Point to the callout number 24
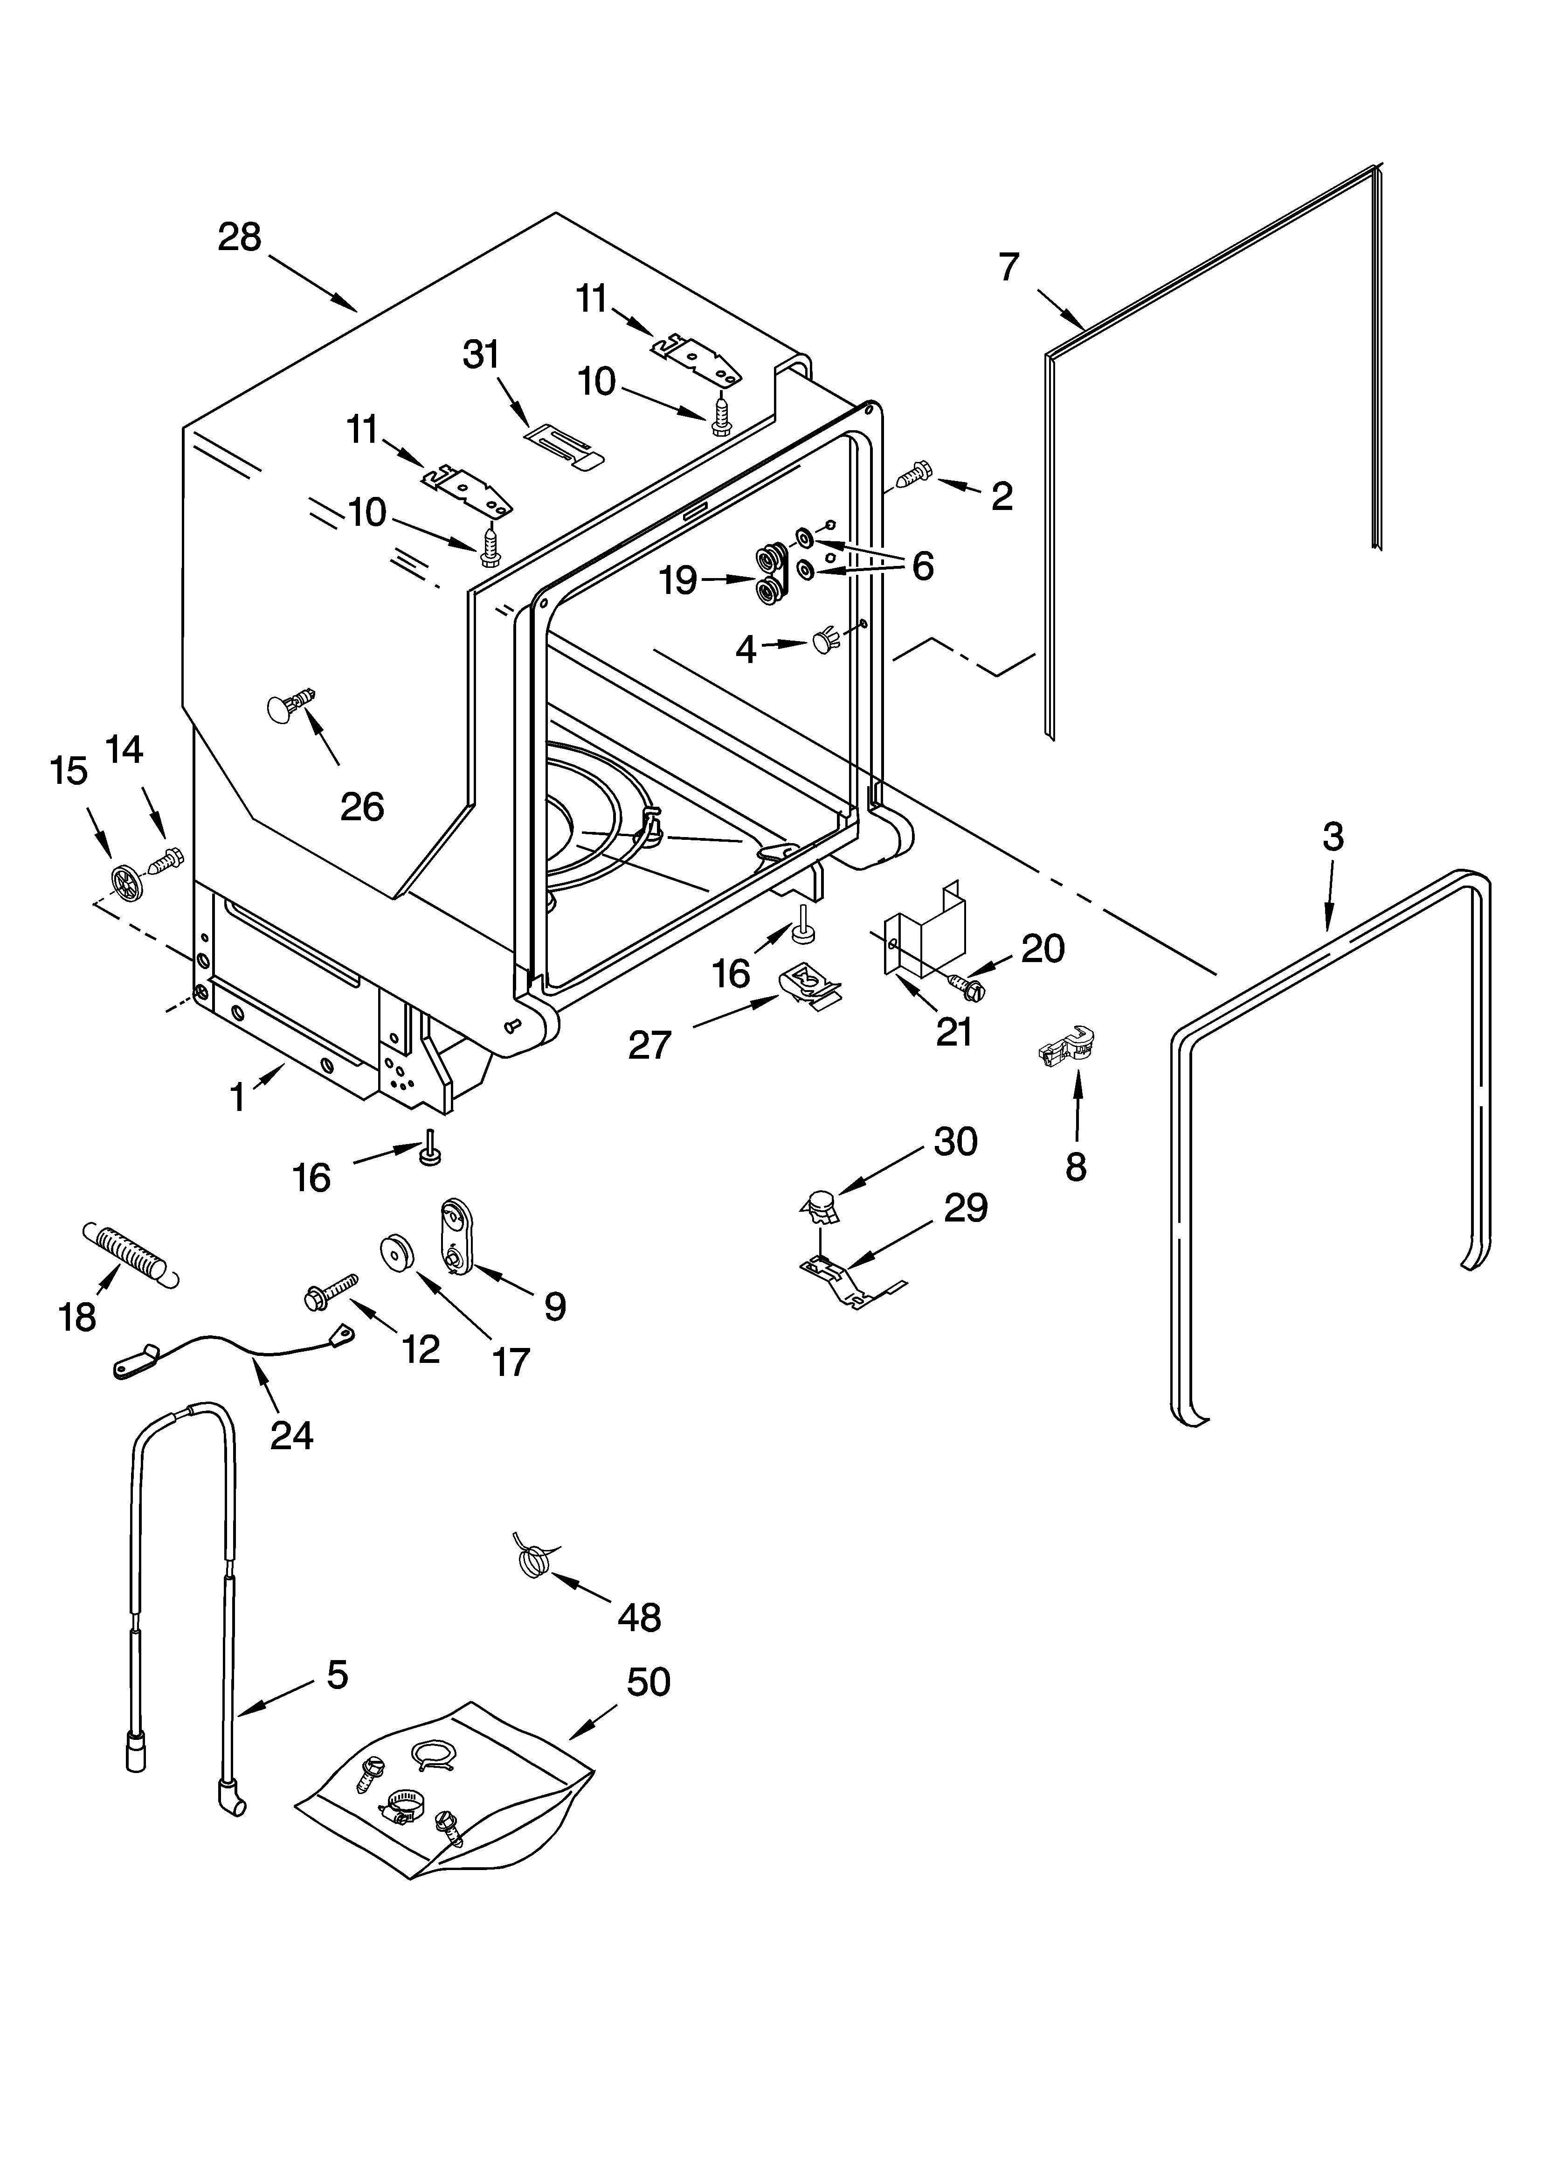pos(291,1435)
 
